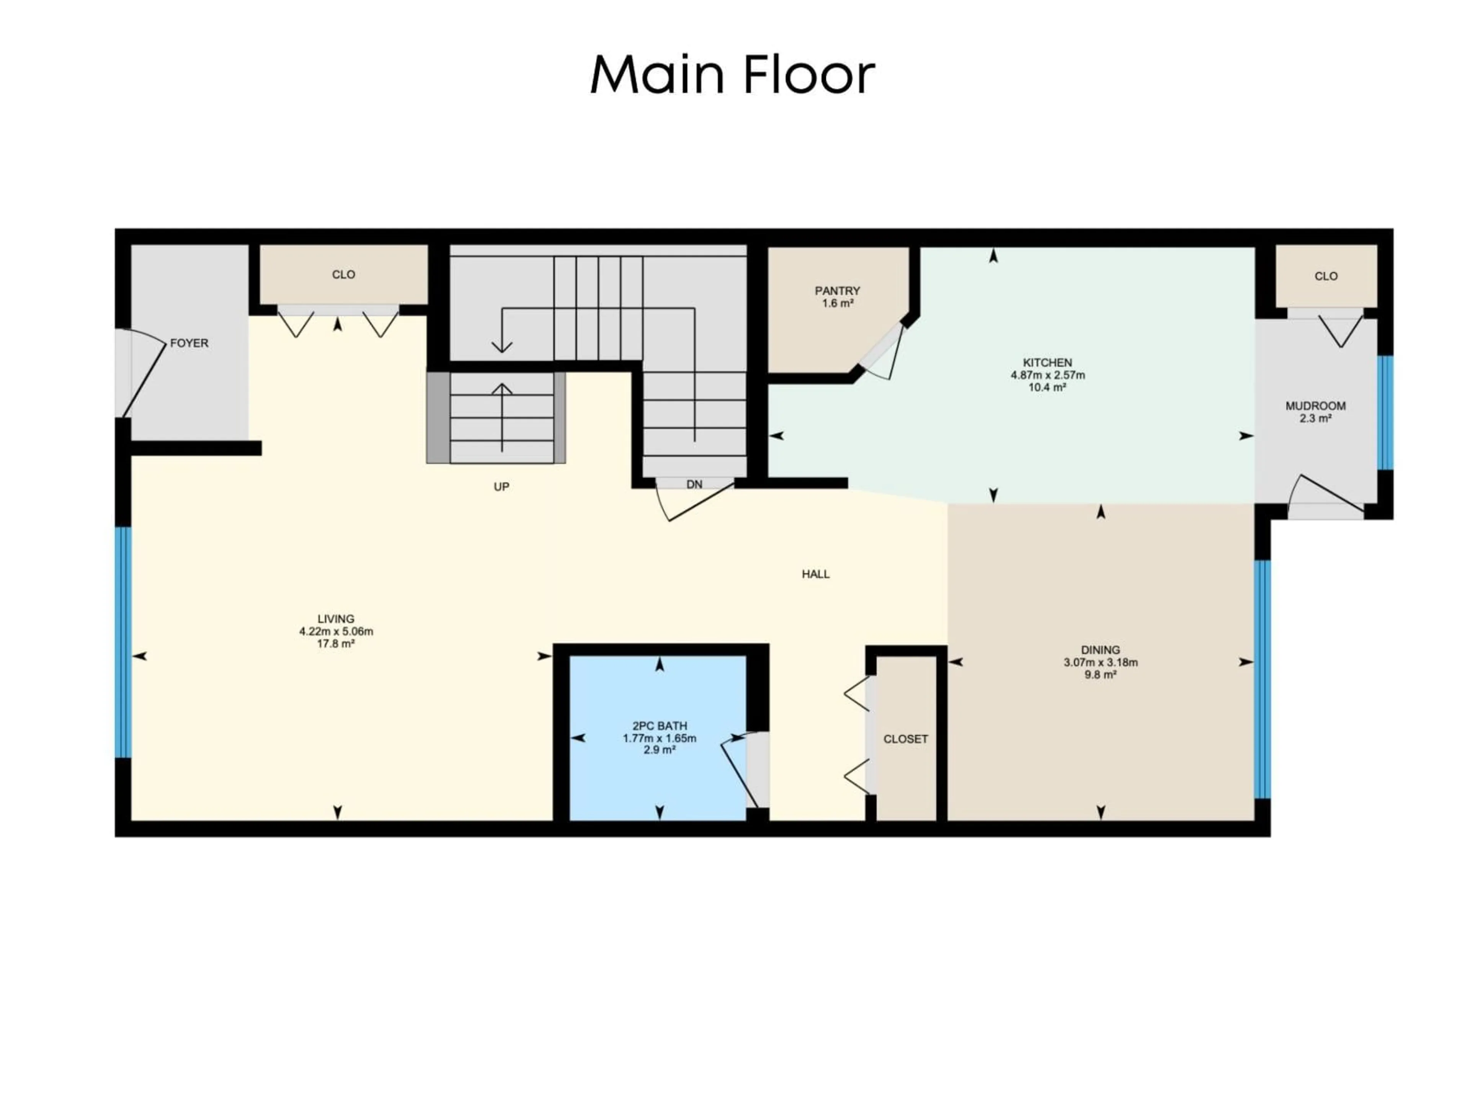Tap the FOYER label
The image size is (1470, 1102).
click(x=189, y=344)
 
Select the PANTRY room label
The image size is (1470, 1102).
click(x=837, y=291)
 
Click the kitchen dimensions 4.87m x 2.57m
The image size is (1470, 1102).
click(x=1048, y=375)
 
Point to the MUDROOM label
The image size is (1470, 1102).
click(x=1315, y=406)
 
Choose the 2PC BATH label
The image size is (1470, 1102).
click(x=659, y=726)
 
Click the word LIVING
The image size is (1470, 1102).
click(x=336, y=618)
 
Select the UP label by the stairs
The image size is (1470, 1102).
click(x=502, y=487)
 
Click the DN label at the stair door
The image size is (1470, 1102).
click(x=694, y=485)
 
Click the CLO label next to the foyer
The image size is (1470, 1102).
click(x=344, y=274)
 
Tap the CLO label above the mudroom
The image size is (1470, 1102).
click(x=1326, y=276)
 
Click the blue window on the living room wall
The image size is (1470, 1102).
click(x=123, y=642)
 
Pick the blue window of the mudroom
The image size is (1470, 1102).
click(x=1385, y=413)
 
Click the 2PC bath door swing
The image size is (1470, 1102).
click(x=741, y=771)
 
